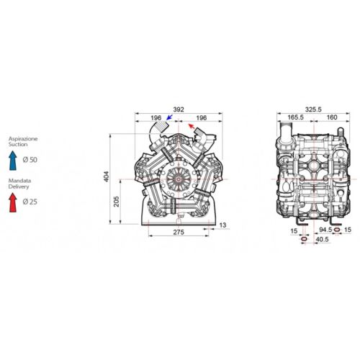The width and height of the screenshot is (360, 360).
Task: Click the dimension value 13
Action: [222, 225]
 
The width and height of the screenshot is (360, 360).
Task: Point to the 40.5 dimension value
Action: [321, 239]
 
